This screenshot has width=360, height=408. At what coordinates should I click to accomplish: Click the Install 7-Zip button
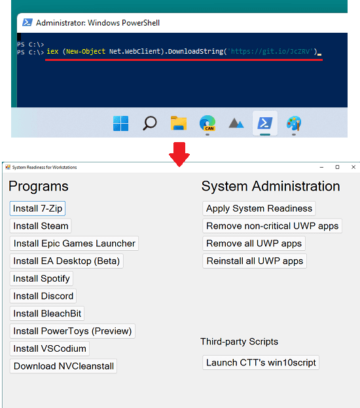pos(37,208)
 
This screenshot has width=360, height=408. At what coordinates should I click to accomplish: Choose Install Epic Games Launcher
pos(74,244)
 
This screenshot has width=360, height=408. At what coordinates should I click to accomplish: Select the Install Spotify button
pos(41,278)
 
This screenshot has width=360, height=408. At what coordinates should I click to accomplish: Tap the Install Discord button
pos(43,296)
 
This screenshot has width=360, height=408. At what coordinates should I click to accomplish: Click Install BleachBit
pos(47,314)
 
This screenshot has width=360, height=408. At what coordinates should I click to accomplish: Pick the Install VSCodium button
pos(50,348)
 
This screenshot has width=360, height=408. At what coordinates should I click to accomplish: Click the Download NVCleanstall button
pos(63,366)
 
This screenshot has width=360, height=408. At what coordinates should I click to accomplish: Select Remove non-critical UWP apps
pos(272,226)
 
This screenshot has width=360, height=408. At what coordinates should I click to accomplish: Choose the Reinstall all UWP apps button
pos(255,261)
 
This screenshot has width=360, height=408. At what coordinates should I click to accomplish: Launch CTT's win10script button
pos(261,362)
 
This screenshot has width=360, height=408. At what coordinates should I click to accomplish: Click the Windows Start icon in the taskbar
pos(120,123)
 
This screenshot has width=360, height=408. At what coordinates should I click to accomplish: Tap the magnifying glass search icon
pos(150,123)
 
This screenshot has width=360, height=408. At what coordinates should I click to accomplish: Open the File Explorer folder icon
pos(179,123)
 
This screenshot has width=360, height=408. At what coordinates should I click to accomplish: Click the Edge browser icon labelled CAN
pos(207,123)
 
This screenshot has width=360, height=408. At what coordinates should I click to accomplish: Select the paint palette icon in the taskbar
pos(294,123)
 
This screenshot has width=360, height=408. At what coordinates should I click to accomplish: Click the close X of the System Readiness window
pos(353,167)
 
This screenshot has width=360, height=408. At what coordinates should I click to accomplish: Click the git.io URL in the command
pos(270,52)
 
